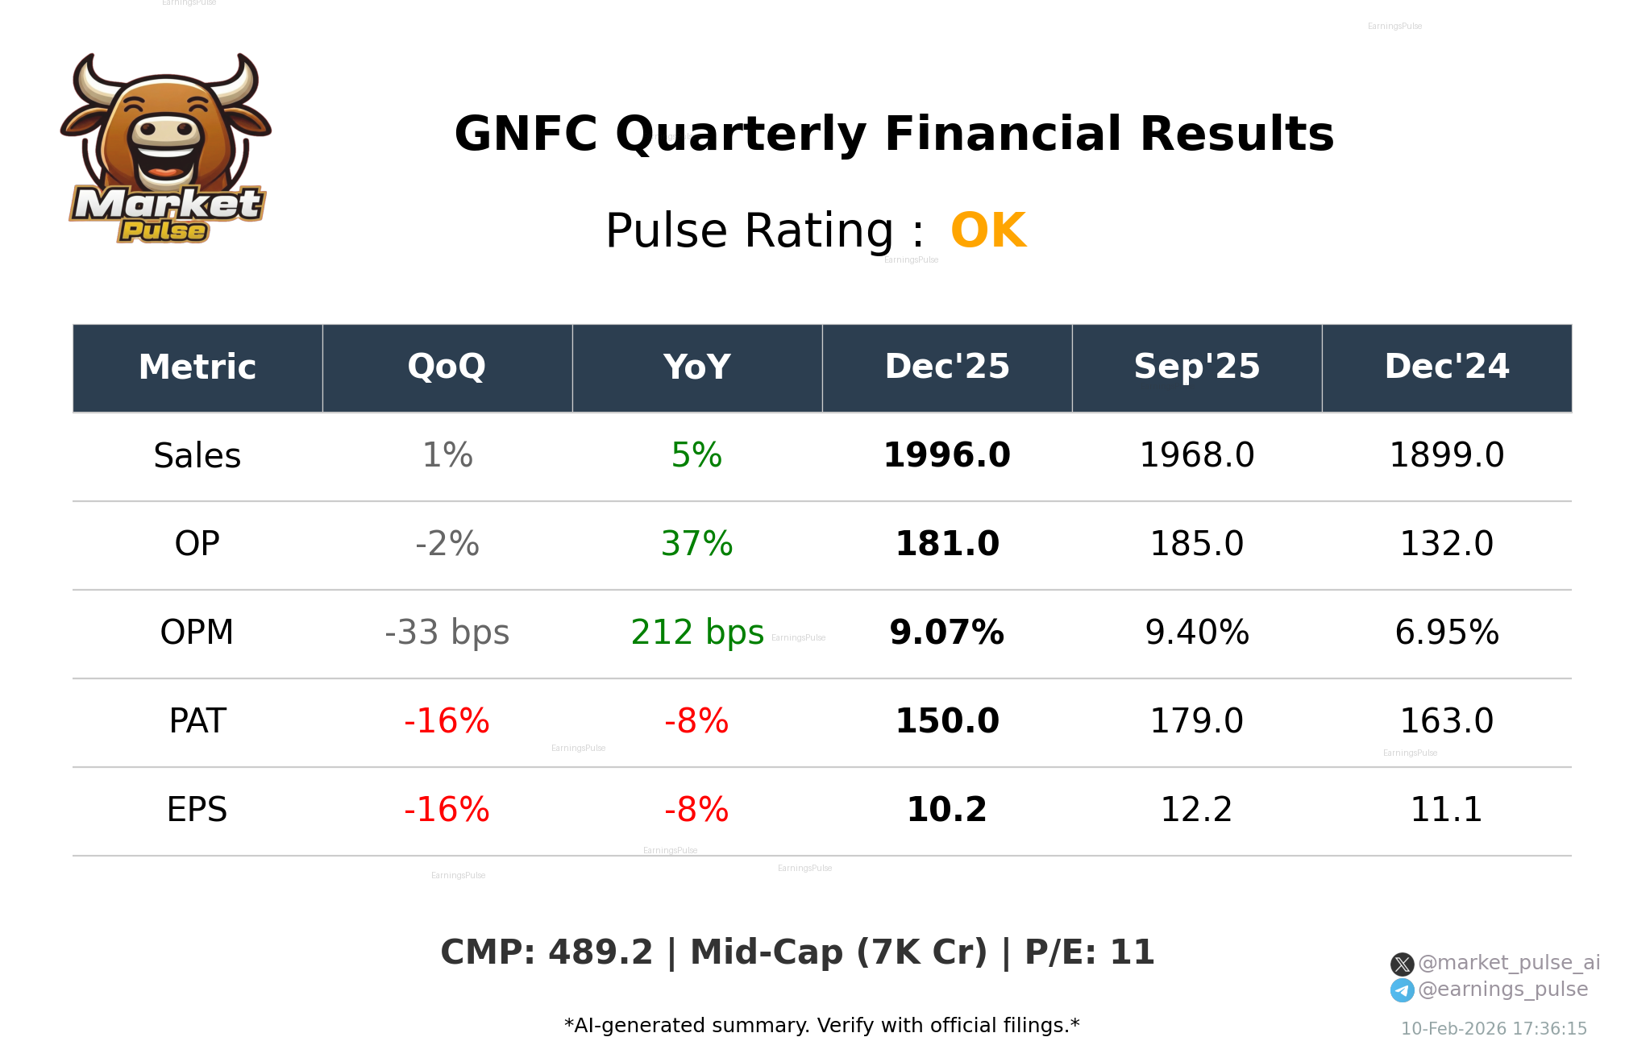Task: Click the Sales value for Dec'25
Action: (x=946, y=455)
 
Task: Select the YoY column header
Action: (x=696, y=367)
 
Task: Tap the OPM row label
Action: (x=197, y=633)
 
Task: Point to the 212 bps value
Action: (x=696, y=633)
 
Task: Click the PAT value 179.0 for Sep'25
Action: (x=1196, y=721)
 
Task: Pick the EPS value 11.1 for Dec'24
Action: (x=1446, y=810)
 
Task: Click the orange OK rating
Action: (x=988, y=231)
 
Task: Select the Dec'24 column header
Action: (x=1446, y=367)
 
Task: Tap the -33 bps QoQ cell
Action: (x=447, y=633)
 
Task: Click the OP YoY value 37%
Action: (x=696, y=544)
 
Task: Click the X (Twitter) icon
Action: (x=1402, y=964)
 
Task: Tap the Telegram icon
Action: (x=1402, y=990)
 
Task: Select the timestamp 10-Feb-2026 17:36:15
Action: (x=1493, y=1029)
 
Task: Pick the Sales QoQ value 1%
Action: (x=447, y=455)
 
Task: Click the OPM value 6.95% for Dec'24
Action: (x=1446, y=633)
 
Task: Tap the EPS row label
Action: (x=197, y=810)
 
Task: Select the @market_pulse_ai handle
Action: (x=1508, y=963)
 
